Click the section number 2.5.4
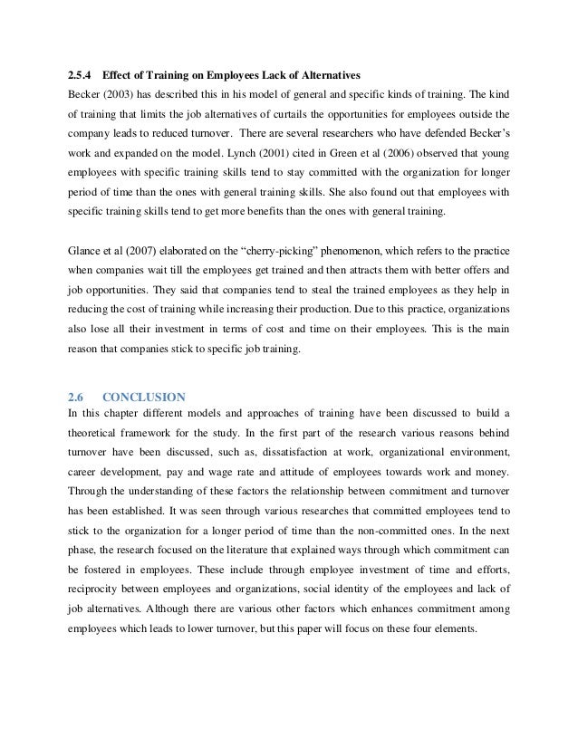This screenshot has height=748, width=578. point(81,73)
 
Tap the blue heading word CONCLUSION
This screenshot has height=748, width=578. point(145,396)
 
